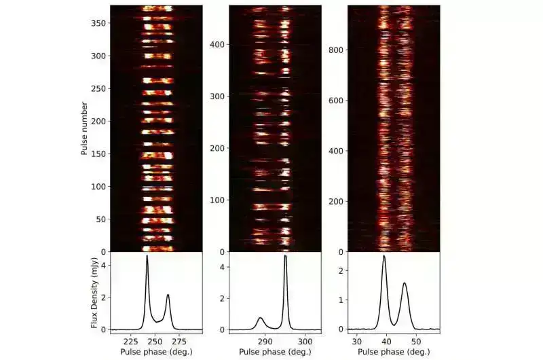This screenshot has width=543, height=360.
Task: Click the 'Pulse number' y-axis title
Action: (85, 128)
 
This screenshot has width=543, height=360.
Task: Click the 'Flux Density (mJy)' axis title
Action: (94, 290)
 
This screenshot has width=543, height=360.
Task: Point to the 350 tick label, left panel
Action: (100, 22)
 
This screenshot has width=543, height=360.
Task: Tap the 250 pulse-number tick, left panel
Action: (100, 88)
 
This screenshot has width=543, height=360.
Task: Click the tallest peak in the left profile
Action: (147, 257)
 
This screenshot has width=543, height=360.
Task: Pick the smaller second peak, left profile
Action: (168, 295)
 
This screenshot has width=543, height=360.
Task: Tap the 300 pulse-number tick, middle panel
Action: (218, 96)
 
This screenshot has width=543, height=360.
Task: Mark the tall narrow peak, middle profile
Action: (286, 256)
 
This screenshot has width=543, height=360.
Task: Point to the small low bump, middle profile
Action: (261, 317)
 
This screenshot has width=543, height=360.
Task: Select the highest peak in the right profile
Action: (384, 256)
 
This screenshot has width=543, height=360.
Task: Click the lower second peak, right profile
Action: (405, 283)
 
